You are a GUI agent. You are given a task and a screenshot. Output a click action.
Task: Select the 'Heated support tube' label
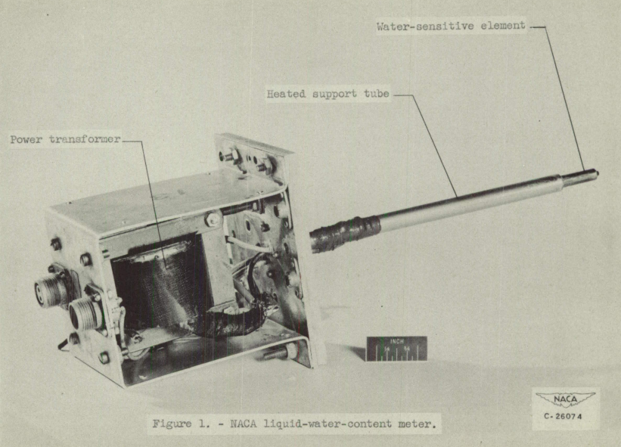point(328,95)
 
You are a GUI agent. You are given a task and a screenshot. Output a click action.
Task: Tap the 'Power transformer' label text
point(66,141)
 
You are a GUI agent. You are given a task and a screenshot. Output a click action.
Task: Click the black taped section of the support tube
point(345,233)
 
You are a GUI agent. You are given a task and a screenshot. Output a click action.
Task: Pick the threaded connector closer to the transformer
point(85,312)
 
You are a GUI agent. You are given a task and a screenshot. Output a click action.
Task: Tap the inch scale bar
point(396,348)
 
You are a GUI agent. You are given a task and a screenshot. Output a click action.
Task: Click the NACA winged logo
point(565,399)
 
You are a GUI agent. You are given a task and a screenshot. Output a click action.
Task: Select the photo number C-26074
point(565,416)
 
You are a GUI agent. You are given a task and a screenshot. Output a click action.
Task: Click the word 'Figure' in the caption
point(172,424)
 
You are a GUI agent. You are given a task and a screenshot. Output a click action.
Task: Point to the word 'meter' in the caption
point(417,424)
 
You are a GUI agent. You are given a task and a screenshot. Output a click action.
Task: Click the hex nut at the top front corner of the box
point(214,219)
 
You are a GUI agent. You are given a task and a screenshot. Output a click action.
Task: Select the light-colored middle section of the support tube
point(469,205)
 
